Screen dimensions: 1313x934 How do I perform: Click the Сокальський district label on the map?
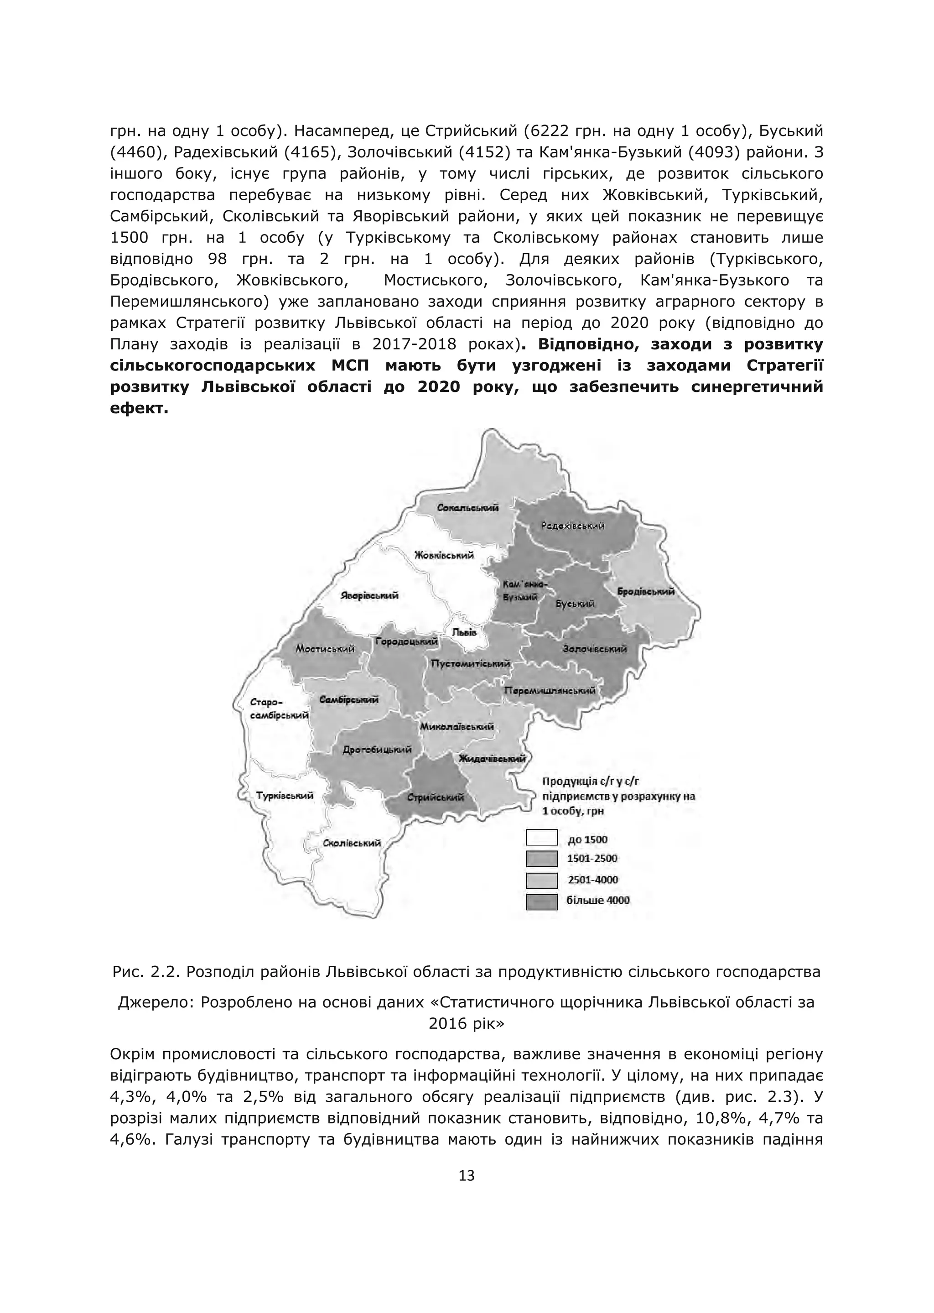(x=467, y=508)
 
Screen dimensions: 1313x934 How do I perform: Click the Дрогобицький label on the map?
(x=377, y=750)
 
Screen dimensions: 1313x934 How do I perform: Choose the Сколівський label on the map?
(x=352, y=844)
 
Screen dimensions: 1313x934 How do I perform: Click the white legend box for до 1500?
(x=541, y=838)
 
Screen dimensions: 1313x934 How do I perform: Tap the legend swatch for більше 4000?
(x=541, y=901)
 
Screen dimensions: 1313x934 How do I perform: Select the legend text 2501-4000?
(x=592, y=880)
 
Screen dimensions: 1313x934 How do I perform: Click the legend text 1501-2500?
(x=592, y=859)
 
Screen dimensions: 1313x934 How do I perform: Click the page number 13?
(x=467, y=1176)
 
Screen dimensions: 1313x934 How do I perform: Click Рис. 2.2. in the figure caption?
(x=145, y=972)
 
